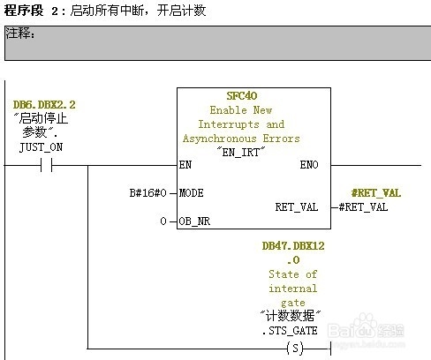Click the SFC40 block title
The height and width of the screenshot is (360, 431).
tap(242, 96)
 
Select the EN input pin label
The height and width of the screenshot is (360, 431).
tap(185, 165)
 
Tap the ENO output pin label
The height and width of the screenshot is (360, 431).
tap(309, 165)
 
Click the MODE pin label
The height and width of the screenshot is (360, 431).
tap(192, 193)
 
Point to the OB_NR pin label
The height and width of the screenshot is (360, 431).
tap(194, 221)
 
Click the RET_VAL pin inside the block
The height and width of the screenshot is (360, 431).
tap(297, 207)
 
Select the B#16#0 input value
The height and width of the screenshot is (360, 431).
tap(148, 193)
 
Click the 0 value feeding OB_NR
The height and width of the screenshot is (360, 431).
tap(163, 221)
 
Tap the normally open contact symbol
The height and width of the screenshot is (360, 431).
tap(47, 165)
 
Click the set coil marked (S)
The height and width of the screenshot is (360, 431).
tap(295, 349)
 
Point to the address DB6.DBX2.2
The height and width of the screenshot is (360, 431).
tap(44, 105)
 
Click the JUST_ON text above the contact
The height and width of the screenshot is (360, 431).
tap(41, 147)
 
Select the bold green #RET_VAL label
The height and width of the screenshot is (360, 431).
tap(376, 193)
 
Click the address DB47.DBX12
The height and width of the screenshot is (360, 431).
tap(293, 246)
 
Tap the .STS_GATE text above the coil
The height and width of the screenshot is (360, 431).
tap(290, 331)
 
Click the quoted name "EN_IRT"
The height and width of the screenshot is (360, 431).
tap(241, 152)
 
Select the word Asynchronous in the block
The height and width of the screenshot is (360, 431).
tap(220, 139)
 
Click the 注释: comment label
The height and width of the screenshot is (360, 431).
tap(20, 33)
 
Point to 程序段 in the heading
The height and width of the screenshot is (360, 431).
tap(24, 11)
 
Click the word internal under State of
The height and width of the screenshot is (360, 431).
tap(293, 289)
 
